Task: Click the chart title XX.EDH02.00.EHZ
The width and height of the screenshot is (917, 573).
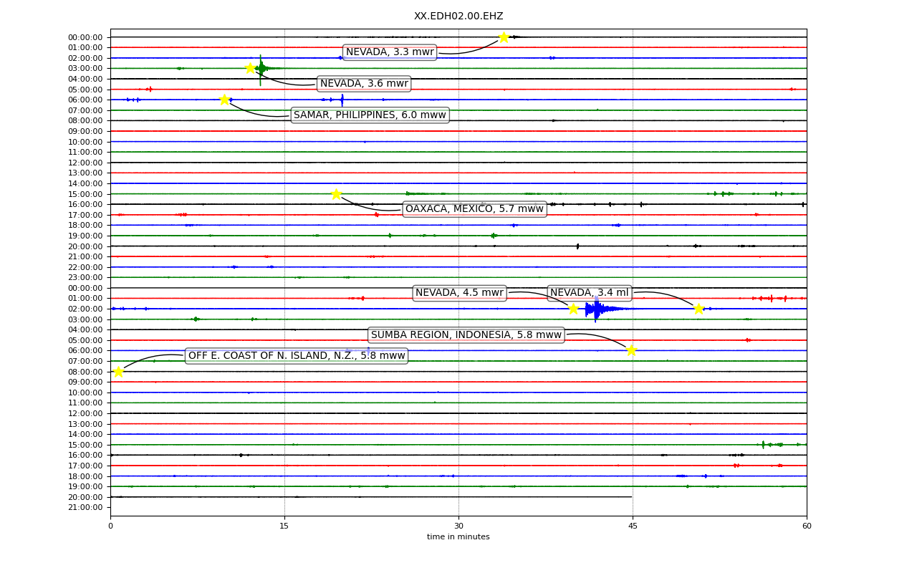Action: point(458,16)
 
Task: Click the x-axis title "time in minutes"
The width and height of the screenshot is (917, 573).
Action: point(458,536)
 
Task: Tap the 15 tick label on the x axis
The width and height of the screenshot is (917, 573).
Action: point(284,526)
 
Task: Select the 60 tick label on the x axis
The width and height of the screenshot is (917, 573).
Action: point(807,526)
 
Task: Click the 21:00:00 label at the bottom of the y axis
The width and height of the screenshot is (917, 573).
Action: point(85,508)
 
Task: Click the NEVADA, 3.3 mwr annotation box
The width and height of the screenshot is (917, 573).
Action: point(390,52)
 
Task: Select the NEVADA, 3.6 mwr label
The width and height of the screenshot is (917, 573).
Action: point(364,84)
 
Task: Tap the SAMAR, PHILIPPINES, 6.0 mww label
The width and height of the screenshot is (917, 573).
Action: point(370,115)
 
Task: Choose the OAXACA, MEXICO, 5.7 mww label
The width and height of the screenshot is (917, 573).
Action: point(474,208)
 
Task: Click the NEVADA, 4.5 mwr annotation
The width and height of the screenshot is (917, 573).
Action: point(459,293)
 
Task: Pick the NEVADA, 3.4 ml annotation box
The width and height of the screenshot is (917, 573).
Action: point(589,293)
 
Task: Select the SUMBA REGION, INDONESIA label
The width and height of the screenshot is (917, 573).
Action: point(466,334)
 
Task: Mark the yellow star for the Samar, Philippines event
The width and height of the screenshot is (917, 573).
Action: point(224,100)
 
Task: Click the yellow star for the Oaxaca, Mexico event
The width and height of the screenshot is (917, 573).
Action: point(336,194)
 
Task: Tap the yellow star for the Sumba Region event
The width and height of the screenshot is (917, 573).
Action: point(631,350)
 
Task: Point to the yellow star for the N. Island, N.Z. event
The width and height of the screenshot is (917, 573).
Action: point(118,372)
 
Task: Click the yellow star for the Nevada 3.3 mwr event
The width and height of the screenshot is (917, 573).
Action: point(504,37)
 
